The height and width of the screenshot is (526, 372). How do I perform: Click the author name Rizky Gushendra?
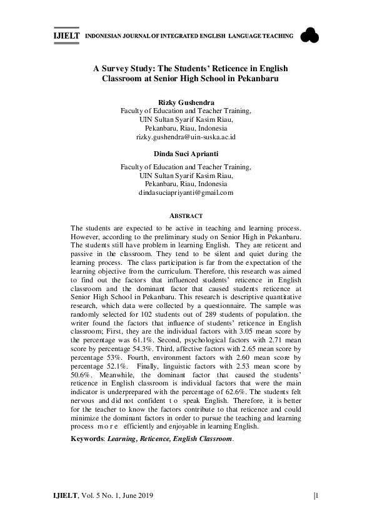point(186,102)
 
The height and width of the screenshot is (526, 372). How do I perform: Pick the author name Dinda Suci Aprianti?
point(186,152)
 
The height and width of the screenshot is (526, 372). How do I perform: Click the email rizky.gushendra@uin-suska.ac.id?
point(186,136)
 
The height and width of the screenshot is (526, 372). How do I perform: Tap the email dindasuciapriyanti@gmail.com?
point(186,193)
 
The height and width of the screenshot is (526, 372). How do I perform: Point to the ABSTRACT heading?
point(186,216)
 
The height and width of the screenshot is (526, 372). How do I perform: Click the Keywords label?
point(88,439)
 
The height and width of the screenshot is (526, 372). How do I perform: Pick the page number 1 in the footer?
point(317,496)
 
